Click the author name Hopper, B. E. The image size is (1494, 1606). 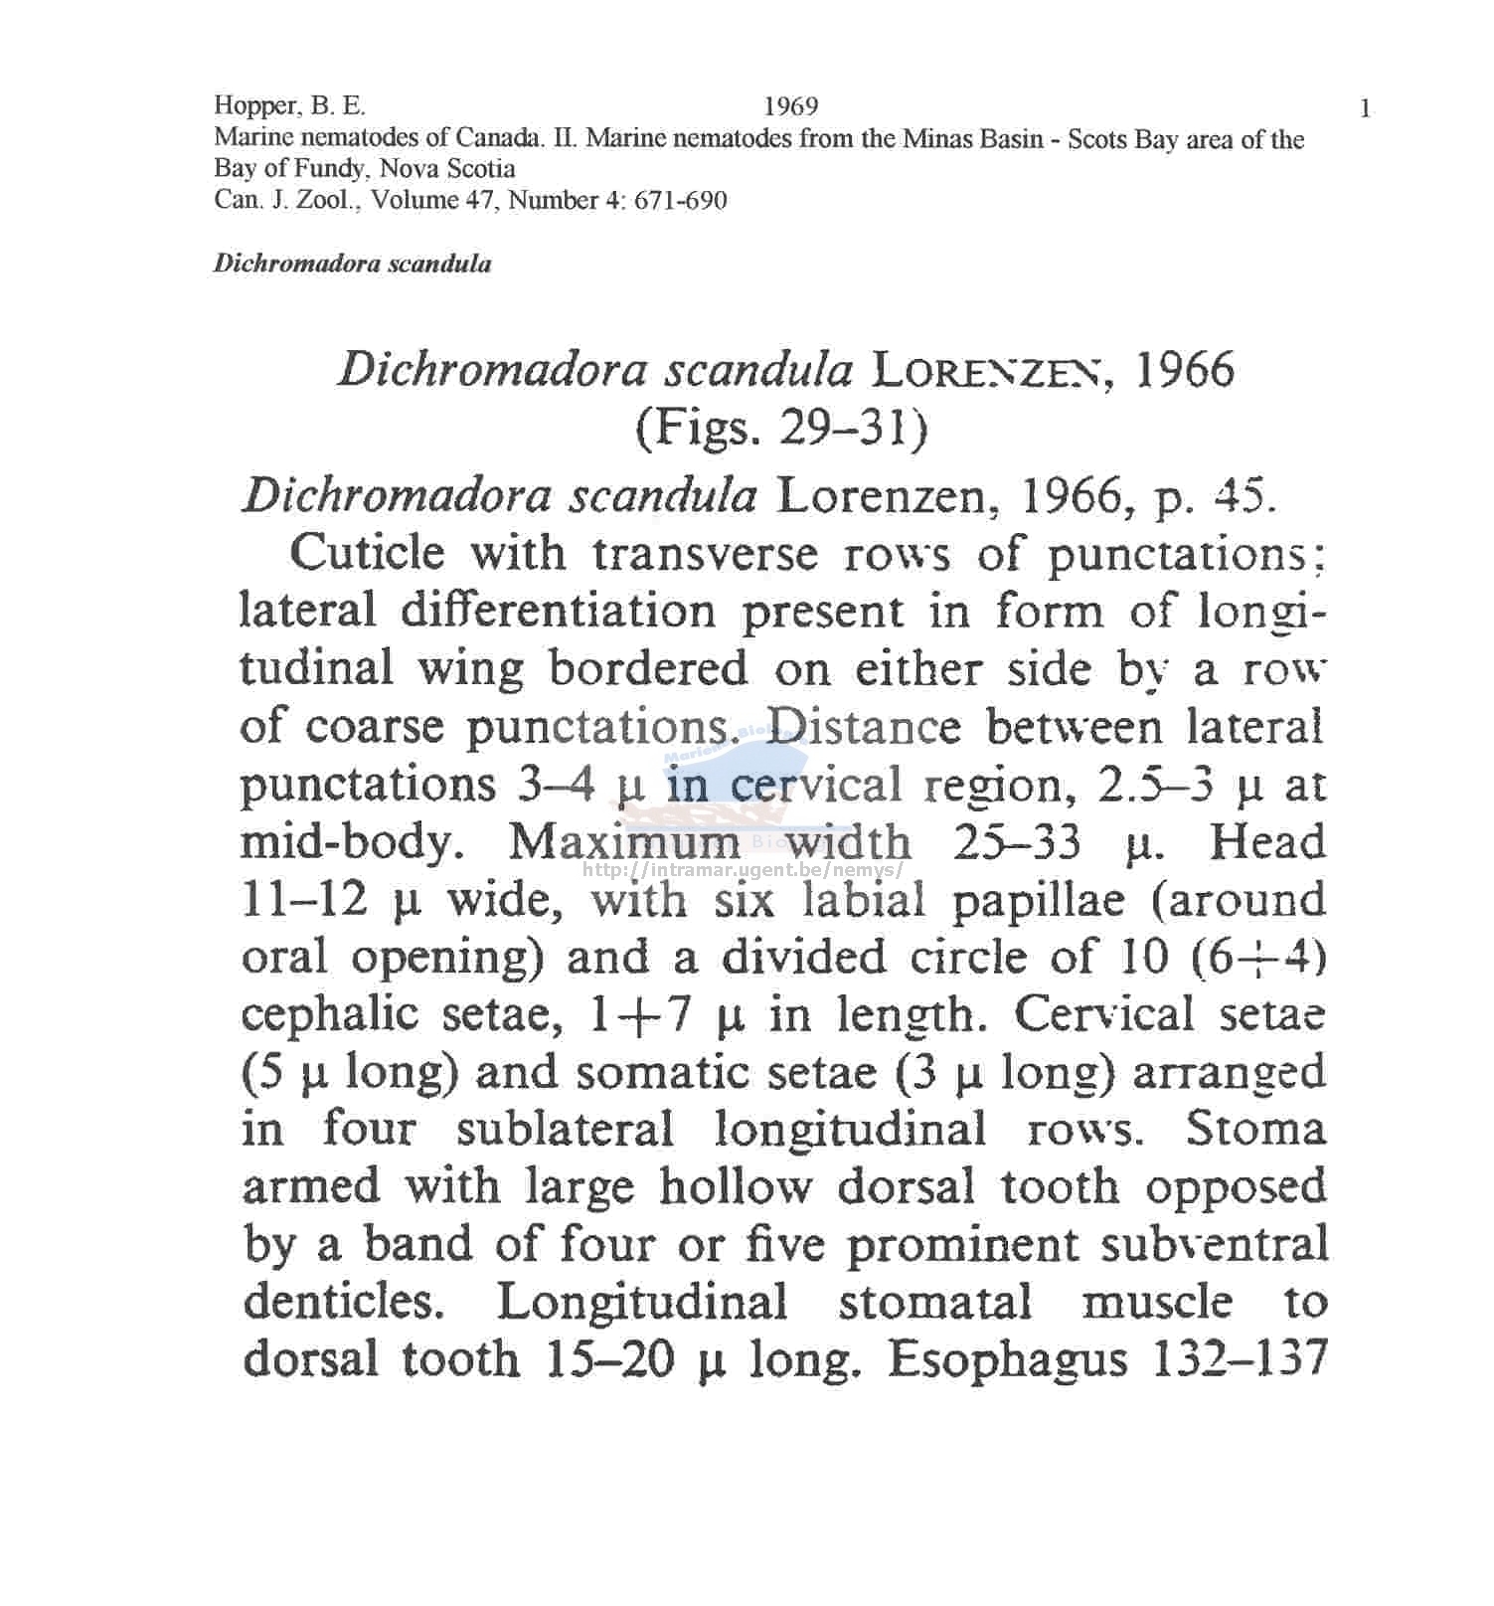pos(289,106)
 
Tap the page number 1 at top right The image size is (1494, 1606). pos(1365,108)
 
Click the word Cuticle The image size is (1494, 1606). pos(367,553)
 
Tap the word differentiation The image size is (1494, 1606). pos(558,611)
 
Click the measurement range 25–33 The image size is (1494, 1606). pos(1016,843)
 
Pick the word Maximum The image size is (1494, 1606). pos(624,843)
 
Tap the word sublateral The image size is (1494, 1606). pos(565,1131)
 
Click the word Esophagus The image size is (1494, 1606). pos(1007,1360)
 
